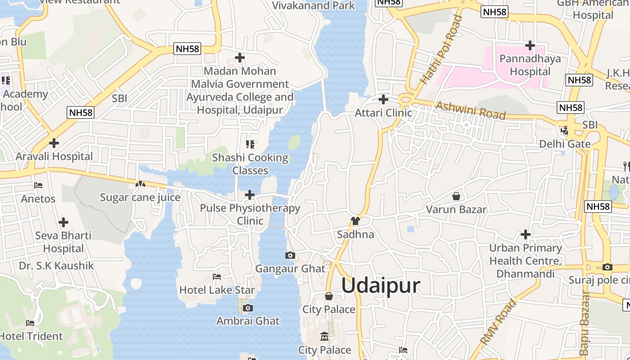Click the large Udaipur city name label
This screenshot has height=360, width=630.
381,286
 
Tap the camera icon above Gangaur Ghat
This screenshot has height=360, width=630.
290,256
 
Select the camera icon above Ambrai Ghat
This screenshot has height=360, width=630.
247,308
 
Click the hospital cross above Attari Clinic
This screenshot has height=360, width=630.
383,99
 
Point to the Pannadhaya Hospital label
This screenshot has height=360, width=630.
530,65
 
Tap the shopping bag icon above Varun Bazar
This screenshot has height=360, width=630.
456,197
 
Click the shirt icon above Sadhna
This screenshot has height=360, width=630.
355,221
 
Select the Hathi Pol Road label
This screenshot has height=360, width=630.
441,50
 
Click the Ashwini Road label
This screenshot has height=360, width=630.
471,110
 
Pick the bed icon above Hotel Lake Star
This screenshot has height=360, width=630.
217,277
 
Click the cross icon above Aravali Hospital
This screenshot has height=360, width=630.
54,143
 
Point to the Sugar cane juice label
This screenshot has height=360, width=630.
140,197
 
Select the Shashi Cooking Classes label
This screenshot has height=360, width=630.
250,164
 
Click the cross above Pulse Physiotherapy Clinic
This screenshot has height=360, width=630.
250,195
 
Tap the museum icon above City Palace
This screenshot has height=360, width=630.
324,337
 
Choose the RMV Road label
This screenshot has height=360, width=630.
498,323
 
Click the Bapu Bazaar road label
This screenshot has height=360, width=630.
585,323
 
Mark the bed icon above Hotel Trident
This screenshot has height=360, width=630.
30,323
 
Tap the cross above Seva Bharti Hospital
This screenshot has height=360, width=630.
63,222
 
